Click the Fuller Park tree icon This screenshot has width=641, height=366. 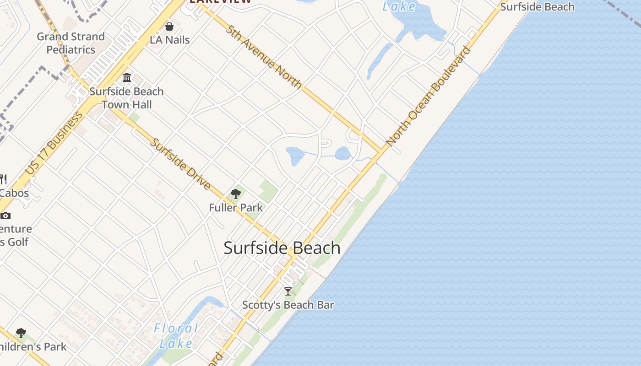point(236,194)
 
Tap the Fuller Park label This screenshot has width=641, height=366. point(236,208)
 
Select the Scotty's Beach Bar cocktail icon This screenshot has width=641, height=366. point(288,291)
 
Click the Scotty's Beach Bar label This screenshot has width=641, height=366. point(288,305)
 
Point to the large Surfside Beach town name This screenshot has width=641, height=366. point(282,248)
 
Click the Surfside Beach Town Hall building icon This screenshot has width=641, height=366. point(127,77)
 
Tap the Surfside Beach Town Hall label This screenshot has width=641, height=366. point(126,98)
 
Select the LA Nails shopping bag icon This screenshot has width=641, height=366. point(169,27)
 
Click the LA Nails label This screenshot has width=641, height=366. point(169,40)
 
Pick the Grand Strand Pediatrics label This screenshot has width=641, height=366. point(71,43)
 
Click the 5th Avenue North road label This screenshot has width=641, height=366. point(263,56)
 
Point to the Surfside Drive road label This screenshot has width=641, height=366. point(181,164)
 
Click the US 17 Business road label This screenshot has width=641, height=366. point(54,143)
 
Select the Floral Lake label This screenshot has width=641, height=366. point(176,336)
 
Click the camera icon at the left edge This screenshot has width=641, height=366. point(5,215)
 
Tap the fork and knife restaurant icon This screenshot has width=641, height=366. point(3,178)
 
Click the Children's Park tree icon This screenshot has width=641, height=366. point(21,333)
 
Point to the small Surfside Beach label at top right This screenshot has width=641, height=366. point(537,7)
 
